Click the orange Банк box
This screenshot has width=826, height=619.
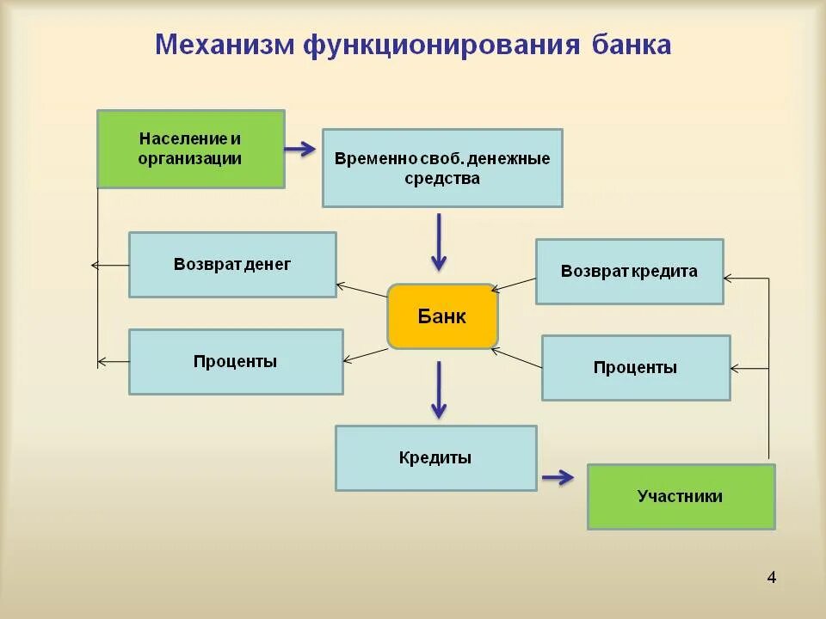(x=442, y=316)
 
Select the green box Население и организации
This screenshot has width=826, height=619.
(x=190, y=149)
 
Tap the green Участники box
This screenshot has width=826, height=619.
(x=681, y=497)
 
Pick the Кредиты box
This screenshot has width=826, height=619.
(x=435, y=458)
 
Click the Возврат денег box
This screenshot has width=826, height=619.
(x=232, y=265)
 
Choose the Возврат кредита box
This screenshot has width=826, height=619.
(x=629, y=272)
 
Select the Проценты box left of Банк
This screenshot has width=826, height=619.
(x=236, y=362)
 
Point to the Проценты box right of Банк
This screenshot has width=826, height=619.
(x=635, y=368)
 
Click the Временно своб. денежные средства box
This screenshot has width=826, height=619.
(x=442, y=168)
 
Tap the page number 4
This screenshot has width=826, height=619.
(x=771, y=578)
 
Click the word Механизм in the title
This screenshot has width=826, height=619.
(x=224, y=45)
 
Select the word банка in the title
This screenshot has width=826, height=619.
(x=631, y=45)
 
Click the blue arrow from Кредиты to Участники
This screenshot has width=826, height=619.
(x=558, y=477)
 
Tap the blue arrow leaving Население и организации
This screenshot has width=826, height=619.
(x=299, y=150)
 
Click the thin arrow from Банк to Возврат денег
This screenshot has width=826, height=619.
(x=361, y=290)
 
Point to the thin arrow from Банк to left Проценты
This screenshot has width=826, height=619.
(x=366, y=354)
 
